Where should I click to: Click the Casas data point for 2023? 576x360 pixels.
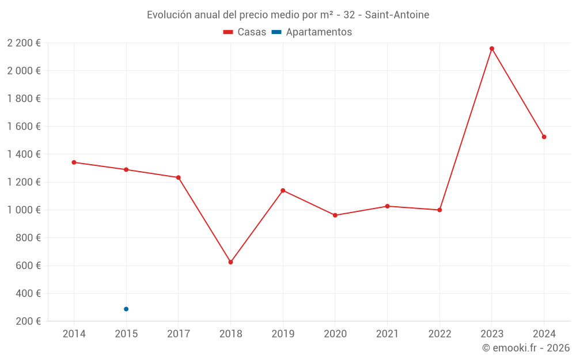492,48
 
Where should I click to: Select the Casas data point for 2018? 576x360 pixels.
230,262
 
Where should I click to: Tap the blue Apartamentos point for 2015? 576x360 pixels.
126,309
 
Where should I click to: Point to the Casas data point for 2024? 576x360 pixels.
544,137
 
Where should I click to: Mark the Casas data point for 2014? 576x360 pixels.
74,162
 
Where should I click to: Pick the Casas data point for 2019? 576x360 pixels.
283,190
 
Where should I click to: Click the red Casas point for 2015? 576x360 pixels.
126,169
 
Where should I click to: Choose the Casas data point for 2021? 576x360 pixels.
387,206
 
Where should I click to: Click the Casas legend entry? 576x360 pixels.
245,32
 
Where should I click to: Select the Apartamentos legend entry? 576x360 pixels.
312,32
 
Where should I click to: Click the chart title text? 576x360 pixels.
288,15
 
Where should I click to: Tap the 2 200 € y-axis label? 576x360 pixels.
24,43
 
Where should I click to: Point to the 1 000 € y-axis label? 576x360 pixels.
24,210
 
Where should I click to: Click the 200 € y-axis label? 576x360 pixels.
29,321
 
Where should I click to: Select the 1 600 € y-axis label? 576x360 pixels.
24,127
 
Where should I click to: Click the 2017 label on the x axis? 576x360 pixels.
178,334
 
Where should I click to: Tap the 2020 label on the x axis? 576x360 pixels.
335,334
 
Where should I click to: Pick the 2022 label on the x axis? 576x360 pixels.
439,334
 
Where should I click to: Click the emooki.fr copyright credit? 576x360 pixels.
526,348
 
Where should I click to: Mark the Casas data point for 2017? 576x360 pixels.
179,177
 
